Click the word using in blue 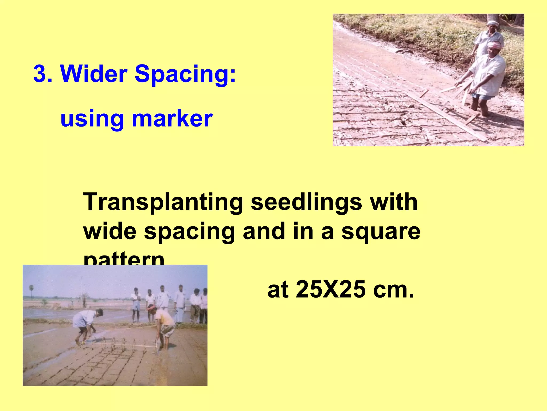point(92,119)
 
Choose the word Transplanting point(163,203)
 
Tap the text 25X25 point(331,290)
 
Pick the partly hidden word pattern point(124,259)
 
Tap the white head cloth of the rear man point(493,23)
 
